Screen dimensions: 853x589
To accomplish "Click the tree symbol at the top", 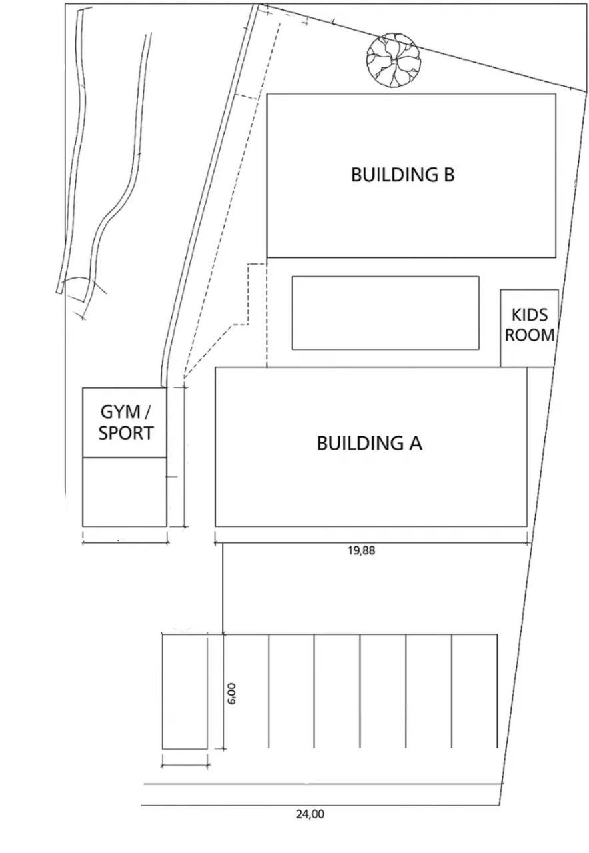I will pos(393,61).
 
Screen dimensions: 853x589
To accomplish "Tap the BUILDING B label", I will pos(402,175).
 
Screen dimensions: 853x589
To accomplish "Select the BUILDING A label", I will pos(369,443).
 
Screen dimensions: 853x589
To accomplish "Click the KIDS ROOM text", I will pos(530,325).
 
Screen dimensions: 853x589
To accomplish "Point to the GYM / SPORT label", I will pos(125,423).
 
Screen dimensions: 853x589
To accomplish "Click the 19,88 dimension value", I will pos(362,550).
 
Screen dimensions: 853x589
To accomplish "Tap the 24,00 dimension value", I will pos(310,813).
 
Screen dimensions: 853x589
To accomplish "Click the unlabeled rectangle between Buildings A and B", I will pos(385,313).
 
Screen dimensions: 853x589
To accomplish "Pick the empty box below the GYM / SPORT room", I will pos(124,492).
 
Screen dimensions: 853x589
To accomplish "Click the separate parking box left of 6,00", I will pos(185,692).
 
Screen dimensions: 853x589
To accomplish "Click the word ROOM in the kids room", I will pos(530,335).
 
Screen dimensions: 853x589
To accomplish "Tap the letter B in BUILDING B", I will pos(448,175).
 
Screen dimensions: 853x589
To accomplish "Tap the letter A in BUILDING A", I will pos(414,443).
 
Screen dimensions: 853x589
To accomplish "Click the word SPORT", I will pos(126,433).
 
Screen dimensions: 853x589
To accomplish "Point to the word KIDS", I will pos(530,315).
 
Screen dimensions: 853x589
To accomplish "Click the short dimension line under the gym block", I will pos(125,542).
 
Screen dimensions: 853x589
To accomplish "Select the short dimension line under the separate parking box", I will pos(185,765).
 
